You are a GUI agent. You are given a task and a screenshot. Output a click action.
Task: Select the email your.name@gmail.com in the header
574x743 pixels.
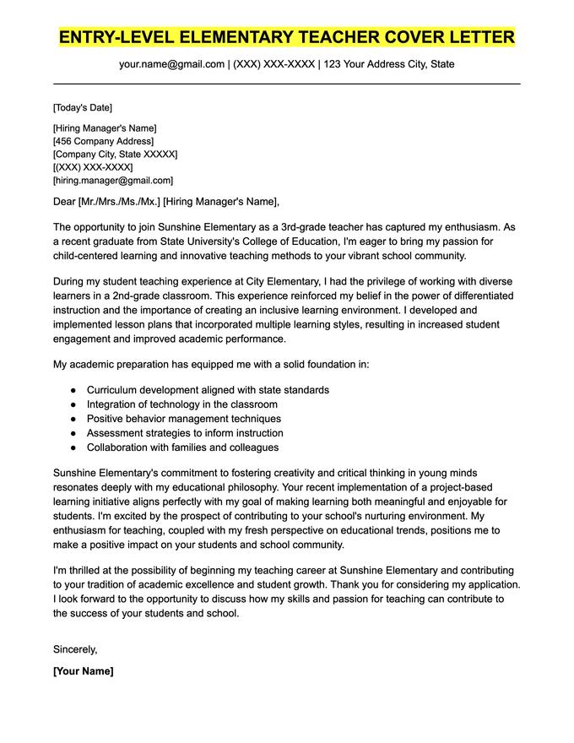(171, 64)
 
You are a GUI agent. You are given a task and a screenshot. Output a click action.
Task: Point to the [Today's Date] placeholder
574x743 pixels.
(82, 108)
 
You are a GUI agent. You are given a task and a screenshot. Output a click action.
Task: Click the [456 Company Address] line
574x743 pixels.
(103, 141)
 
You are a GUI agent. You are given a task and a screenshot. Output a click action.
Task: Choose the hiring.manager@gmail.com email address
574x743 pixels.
(114, 180)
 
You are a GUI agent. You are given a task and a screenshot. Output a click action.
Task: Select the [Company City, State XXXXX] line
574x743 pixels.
(115, 155)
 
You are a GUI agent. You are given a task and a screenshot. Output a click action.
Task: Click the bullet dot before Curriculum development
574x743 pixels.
(73, 390)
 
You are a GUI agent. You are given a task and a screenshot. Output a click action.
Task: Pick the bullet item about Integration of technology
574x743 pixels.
(181, 404)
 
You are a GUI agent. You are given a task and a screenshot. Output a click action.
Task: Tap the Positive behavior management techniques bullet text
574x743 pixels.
(183, 419)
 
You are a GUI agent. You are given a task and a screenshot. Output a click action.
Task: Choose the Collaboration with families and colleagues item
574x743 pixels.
(182, 447)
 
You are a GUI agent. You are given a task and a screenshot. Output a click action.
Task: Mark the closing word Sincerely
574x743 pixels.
(75, 649)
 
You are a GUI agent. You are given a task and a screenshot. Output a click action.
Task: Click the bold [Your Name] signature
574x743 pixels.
(83, 671)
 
